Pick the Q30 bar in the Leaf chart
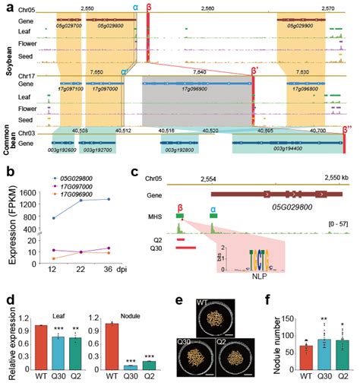coord(55,350)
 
